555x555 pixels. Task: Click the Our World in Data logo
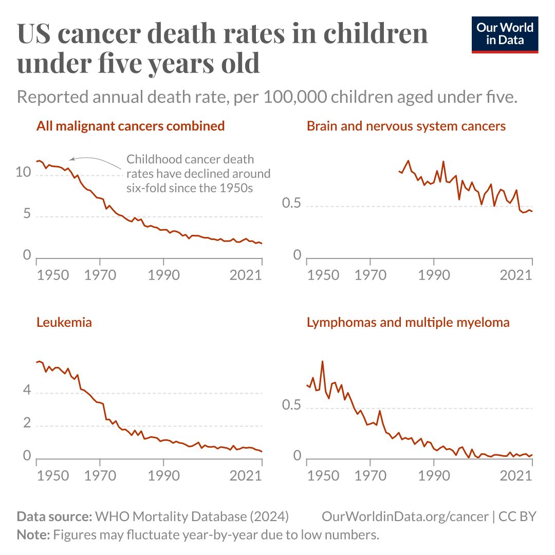(x=505, y=34)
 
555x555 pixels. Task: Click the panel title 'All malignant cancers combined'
(x=131, y=126)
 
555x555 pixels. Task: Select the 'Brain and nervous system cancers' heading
(x=406, y=126)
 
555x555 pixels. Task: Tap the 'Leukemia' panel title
(x=64, y=323)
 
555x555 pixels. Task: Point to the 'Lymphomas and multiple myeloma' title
(x=408, y=323)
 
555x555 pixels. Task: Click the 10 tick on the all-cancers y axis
(x=24, y=173)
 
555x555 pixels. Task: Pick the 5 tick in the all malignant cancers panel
(x=27, y=215)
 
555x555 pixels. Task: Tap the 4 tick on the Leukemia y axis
(x=27, y=392)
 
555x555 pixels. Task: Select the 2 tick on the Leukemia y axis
(x=27, y=424)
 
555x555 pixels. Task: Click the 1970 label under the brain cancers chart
(x=370, y=274)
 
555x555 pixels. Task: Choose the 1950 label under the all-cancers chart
(x=53, y=274)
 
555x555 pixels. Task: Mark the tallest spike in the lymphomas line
(x=322, y=361)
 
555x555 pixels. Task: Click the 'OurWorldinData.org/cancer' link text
(x=405, y=516)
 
